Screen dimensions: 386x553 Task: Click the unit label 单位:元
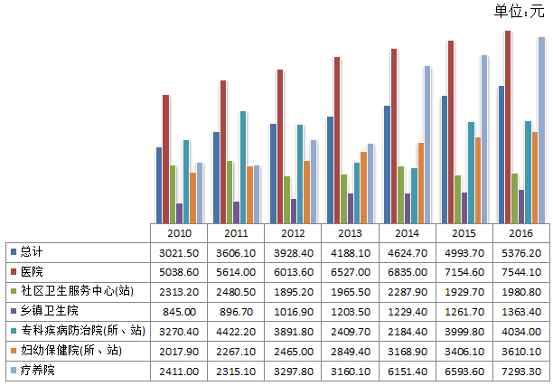pos(520,11)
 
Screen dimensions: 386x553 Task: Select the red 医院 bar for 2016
pos(508,127)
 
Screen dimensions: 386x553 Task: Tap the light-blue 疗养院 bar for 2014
pos(427,145)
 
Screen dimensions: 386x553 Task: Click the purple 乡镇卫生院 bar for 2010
pos(179,212)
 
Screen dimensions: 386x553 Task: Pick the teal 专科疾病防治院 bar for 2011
pos(243,167)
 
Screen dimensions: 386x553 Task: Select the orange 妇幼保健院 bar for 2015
pos(478,180)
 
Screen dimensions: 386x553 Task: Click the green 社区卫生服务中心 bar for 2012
pos(286,200)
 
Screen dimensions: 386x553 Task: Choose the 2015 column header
pos(465,232)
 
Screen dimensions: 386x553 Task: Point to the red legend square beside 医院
pos(12,271)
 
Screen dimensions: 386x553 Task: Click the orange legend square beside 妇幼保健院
pos(12,350)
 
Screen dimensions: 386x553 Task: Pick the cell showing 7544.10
pos(523,271)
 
